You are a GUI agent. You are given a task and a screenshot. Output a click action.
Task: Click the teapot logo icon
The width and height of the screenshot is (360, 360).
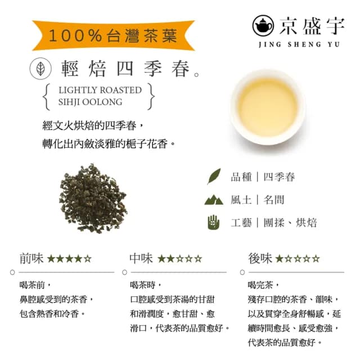click(263, 25)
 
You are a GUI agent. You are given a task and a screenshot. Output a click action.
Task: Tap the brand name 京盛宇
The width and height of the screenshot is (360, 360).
click(307, 25)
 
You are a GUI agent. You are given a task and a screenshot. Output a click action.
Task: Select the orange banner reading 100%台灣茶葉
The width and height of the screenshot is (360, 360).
click(113, 36)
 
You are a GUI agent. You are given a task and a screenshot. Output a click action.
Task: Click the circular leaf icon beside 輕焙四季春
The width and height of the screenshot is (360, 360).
click(40, 69)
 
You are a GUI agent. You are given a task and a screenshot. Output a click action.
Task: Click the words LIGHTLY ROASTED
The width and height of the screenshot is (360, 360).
click(100, 90)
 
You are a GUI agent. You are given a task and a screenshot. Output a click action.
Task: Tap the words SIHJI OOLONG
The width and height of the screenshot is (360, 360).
click(90, 102)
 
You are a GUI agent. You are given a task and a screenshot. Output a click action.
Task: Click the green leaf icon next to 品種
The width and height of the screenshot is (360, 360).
click(214, 177)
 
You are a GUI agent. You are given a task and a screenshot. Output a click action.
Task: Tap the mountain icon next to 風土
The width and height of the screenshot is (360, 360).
click(214, 199)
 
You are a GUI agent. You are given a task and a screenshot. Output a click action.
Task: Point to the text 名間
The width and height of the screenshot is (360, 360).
click(274, 200)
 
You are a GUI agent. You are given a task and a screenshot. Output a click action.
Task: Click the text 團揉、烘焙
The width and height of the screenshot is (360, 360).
click(291, 222)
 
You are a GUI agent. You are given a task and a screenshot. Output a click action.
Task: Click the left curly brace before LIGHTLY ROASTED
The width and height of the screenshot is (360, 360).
click(47, 96)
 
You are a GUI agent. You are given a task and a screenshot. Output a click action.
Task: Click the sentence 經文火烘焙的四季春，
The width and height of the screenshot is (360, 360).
click(95, 125)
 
